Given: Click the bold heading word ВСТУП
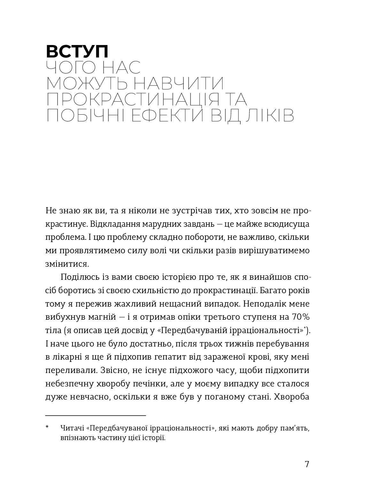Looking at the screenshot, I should [77, 51].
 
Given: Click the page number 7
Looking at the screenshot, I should [307, 464].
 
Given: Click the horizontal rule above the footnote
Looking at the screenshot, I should [96, 415].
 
